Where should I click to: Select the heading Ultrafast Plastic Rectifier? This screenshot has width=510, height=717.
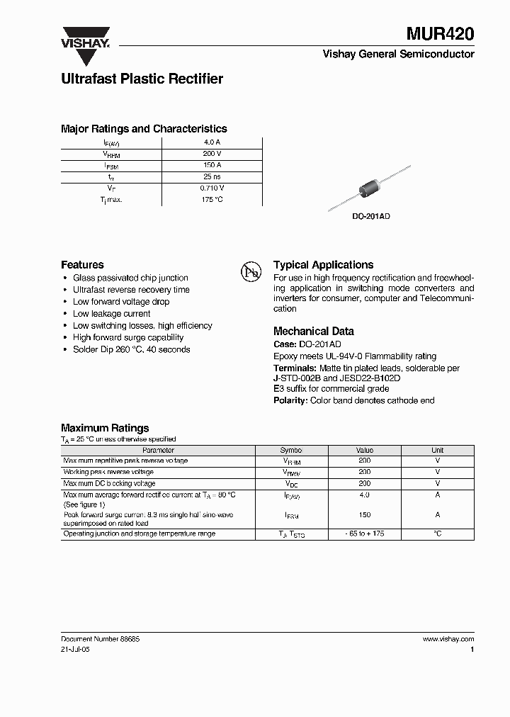click(142, 79)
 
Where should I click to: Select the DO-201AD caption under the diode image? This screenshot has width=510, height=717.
click(372, 216)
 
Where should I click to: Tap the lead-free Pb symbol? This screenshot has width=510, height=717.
click(251, 271)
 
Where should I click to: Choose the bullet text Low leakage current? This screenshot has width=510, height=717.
click(112, 314)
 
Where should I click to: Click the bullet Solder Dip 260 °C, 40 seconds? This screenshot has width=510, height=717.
click(132, 349)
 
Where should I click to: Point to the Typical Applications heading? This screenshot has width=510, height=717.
click(323, 265)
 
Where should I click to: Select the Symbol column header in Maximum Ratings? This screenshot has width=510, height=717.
click(291, 450)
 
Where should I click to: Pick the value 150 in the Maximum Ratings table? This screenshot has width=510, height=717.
click(364, 516)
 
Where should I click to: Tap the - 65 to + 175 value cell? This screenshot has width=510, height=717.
click(364, 533)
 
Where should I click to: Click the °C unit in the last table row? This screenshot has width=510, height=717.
click(437, 533)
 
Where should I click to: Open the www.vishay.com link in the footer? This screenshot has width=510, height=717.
click(448, 639)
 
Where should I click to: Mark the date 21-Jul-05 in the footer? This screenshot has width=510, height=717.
click(75, 649)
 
